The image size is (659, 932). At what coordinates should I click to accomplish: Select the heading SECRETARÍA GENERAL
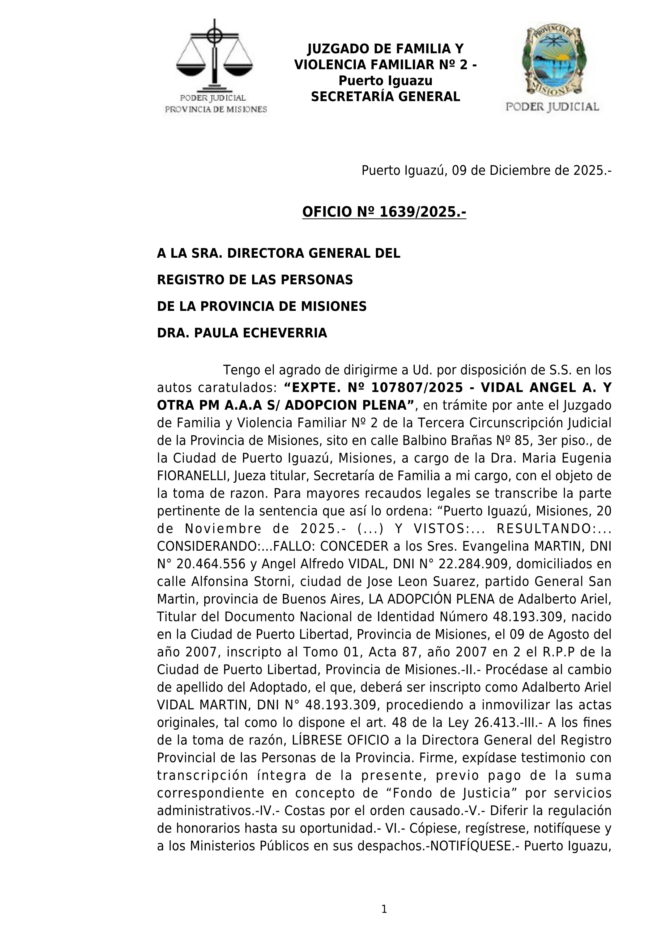point(385,97)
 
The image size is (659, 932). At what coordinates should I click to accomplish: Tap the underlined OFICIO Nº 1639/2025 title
point(384,212)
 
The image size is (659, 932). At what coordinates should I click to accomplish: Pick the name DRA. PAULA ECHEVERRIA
point(242,333)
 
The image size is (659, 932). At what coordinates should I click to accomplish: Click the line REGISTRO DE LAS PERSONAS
point(255,280)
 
